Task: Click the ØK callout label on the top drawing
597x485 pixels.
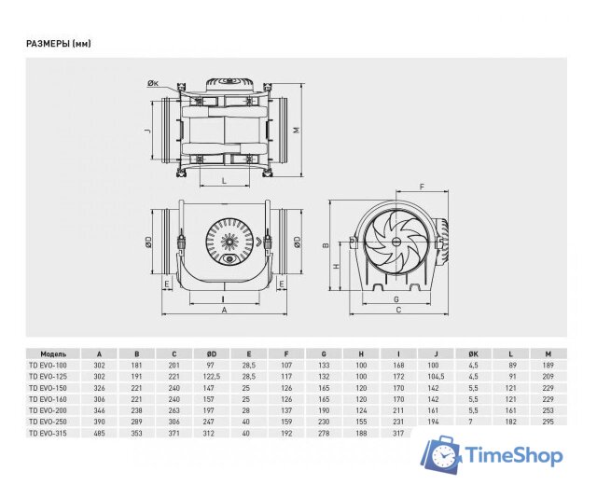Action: coord(153,85)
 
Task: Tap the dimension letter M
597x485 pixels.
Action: coord(297,130)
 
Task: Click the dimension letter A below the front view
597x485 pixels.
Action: coord(224,312)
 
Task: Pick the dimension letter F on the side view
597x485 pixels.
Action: coord(422,187)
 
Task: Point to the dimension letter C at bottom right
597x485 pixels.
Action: coord(398,312)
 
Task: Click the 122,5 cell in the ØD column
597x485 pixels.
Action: coord(213,376)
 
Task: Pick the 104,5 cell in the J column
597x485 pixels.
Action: coord(434,376)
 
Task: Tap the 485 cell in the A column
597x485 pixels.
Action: coord(100,434)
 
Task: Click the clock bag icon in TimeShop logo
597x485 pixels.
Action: coord(442,455)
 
